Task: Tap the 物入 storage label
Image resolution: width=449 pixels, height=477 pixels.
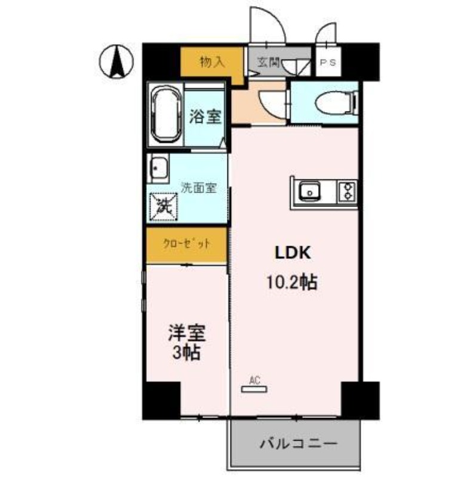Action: (x=212, y=61)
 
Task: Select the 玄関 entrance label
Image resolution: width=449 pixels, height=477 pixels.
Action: (x=269, y=61)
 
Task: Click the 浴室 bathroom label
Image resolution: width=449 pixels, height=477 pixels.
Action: (x=205, y=117)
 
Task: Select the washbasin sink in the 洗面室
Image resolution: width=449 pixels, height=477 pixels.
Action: (x=158, y=169)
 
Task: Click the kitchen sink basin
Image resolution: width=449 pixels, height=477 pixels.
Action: (x=310, y=192)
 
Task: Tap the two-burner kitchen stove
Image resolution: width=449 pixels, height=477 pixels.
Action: (x=347, y=191)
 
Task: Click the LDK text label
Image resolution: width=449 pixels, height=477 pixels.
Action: (x=291, y=253)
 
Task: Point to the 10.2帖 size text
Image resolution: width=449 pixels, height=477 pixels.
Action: (x=291, y=283)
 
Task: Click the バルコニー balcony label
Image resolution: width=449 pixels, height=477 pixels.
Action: (x=299, y=444)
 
